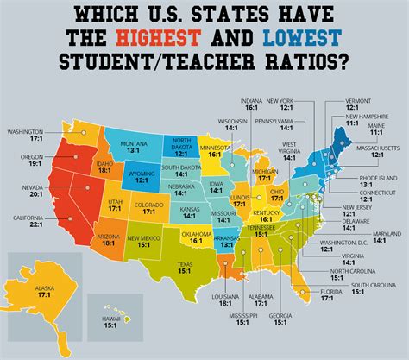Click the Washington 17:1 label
coord(27,136)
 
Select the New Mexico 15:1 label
coord(142,238)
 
